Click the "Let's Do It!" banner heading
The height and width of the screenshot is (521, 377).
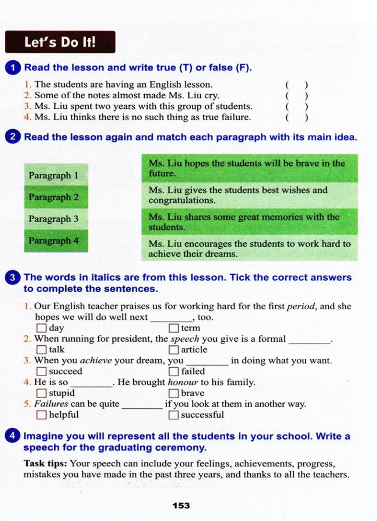[x=60, y=42]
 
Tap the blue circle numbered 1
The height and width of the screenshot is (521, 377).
[x=13, y=68]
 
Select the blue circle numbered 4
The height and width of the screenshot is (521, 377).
[x=13, y=436]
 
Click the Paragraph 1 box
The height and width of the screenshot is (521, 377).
[x=56, y=175]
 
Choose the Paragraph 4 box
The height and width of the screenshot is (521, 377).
[x=56, y=241]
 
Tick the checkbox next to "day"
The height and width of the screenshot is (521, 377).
[x=41, y=328]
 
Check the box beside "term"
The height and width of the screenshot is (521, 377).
[x=173, y=328]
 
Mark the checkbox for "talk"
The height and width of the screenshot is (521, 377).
[x=41, y=350]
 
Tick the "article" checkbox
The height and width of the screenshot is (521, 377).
[x=173, y=350]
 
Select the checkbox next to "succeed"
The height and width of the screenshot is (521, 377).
[x=41, y=372]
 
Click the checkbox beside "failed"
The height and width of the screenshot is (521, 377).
[x=173, y=372]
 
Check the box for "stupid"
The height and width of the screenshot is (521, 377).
[x=41, y=393]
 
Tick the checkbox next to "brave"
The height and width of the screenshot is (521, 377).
[x=173, y=393]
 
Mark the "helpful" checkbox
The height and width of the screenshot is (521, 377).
[x=41, y=415]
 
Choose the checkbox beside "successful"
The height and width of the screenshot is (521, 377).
[x=173, y=415]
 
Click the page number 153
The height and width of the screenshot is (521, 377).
[x=181, y=506]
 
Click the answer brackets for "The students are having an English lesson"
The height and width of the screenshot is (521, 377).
[x=296, y=85]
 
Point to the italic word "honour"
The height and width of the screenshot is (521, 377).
[x=183, y=382]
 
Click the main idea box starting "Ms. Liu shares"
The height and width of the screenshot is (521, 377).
[x=249, y=222]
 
